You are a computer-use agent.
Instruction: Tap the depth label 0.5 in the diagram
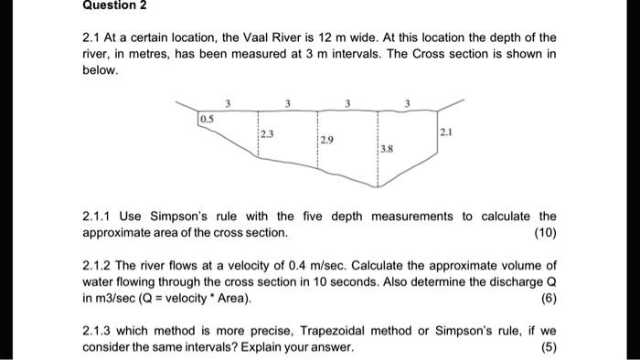207,119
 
